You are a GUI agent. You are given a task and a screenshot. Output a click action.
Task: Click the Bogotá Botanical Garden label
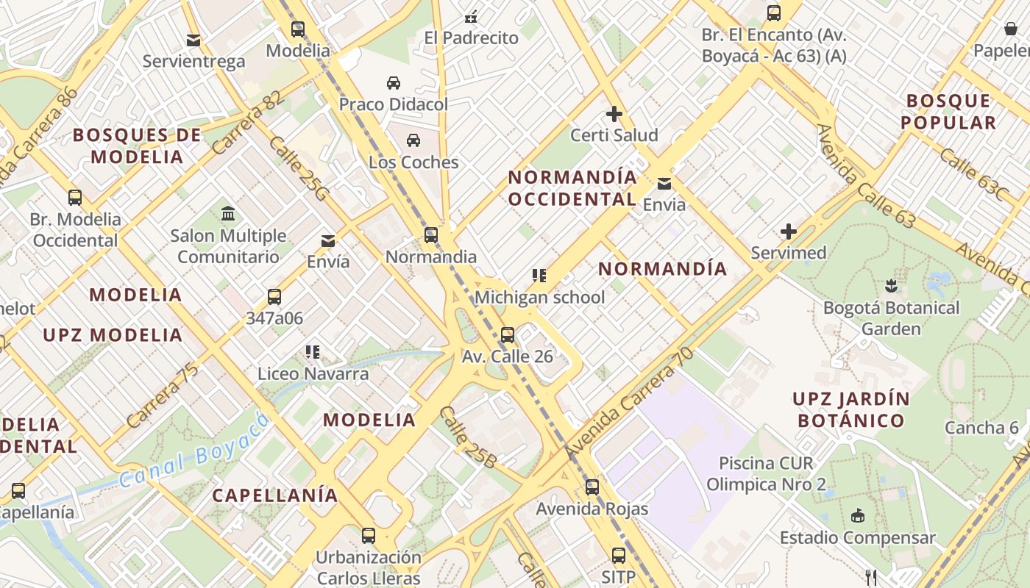tap(891, 318)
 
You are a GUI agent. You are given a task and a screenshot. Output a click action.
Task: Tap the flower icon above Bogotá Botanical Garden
tap(891, 285)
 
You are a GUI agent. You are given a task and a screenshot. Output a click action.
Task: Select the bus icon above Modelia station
tap(297, 29)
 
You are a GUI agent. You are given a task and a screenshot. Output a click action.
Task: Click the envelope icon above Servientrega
tap(193, 40)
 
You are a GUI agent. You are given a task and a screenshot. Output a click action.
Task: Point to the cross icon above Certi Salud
tap(614, 114)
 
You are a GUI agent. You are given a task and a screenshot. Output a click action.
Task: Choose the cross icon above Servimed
tap(789, 232)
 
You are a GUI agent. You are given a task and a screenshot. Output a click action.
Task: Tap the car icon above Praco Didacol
tap(394, 82)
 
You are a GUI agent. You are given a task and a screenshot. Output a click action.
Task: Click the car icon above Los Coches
tap(413, 140)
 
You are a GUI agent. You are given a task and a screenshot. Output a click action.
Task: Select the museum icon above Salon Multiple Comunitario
tap(228, 214)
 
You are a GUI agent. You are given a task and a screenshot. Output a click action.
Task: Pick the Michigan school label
tap(539, 297)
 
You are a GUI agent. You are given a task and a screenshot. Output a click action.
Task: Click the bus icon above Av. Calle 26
tap(508, 335)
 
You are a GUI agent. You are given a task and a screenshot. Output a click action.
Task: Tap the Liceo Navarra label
tap(313, 373)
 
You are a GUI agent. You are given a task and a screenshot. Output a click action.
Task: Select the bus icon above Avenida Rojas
tap(592, 487)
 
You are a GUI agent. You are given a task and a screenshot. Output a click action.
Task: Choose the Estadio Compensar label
tap(857, 537)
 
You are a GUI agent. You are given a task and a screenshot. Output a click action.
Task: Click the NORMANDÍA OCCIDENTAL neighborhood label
tap(572, 188)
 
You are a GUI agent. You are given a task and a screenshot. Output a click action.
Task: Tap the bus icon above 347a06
tap(274, 297)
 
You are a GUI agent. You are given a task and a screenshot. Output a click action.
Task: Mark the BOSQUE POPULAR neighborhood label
tap(949, 112)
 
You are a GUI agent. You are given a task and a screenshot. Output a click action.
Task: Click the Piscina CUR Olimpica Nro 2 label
tap(766, 474)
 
